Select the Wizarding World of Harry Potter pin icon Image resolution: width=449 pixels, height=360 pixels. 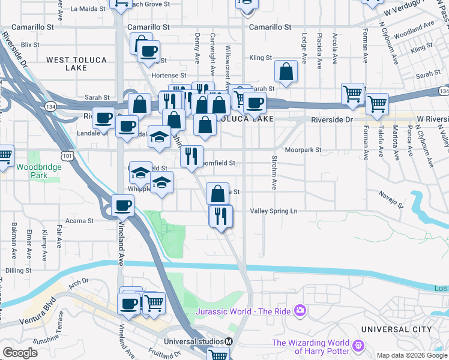[358, 346]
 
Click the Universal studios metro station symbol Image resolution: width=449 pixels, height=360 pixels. [228, 341]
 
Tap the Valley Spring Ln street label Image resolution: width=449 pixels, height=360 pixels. [274, 211]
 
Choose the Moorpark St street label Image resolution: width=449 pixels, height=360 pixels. [304, 150]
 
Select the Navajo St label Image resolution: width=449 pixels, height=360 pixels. [391, 194]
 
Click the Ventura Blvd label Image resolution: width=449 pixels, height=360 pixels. [44, 306]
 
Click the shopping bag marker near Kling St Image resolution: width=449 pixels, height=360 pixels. [287, 71]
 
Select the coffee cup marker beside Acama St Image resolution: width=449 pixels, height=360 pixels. [123, 206]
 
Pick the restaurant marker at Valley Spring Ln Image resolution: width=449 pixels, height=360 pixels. [221, 216]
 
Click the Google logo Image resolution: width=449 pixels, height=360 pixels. [20, 353]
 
